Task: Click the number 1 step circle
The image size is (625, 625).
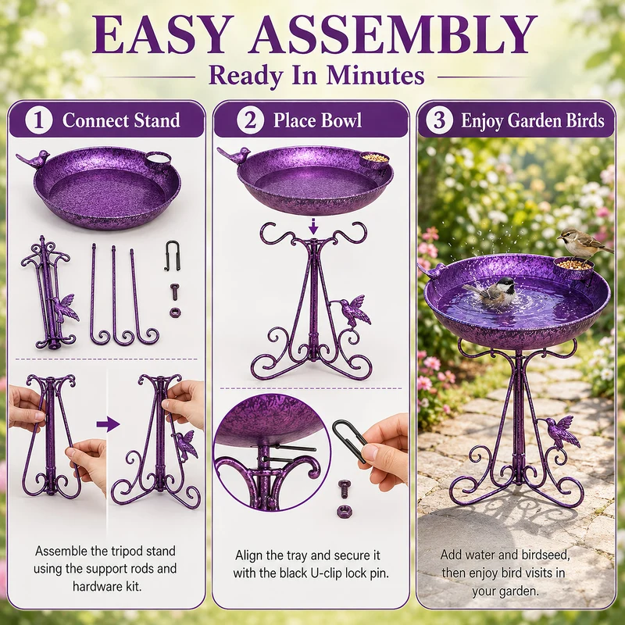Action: point(38,120)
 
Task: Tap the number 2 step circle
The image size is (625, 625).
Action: point(250,120)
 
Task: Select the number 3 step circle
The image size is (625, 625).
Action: point(439,120)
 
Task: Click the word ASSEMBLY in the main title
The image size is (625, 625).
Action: point(393,34)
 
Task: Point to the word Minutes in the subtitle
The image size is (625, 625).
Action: point(375,75)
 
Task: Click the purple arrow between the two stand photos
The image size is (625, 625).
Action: point(108,424)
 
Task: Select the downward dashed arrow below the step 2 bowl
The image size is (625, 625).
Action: point(314,226)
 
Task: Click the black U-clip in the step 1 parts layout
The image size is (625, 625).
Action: point(172,255)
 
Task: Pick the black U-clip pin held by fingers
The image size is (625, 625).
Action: point(349,438)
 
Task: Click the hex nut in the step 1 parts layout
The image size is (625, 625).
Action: point(175,312)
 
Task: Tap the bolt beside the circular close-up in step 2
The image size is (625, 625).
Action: point(344,489)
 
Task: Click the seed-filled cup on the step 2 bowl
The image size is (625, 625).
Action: point(374,160)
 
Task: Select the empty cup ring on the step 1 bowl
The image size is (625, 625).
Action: point(159,160)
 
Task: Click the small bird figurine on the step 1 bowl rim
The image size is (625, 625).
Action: point(34,159)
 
